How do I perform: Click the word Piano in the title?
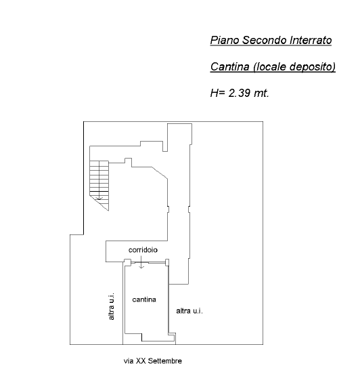pyautogui.click(x=225, y=40)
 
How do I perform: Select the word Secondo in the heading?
pyautogui.click(x=264, y=40)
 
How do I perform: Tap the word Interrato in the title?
pyautogui.click(x=311, y=40)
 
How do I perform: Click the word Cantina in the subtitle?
pyautogui.click(x=229, y=66)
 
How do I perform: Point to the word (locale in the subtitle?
pyautogui.click(x=269, y=67)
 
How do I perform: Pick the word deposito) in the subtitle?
pyautogui.click(x=313, y=67)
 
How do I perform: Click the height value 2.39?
pyautogui.click(x=239, y=93)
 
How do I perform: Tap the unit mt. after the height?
pyautogui.click(x=261, y=93)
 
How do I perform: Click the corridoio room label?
pyautogui.click(x=143, y=250)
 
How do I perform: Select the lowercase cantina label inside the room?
pyautogui.click(x=144, y=299)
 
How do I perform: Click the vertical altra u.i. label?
pyautogui.click(x=111, y=306)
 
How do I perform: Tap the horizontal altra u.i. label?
pyautogui.click(x=189, y=311)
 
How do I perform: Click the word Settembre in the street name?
pyautogui.click(x=165, y=361)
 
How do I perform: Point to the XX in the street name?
pyautogui.click(x=141, y=361)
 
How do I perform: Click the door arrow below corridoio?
pyautogui.click(x=141, y=262)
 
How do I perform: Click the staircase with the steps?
pyautogui.click(x=99, y=186)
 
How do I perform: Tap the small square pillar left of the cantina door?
pyautogui.click(x=128, y=262)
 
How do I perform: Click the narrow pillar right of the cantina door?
pyautogui.click(x=167, y=262)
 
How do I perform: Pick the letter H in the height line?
pyautogui.click(x=214, y=93)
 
